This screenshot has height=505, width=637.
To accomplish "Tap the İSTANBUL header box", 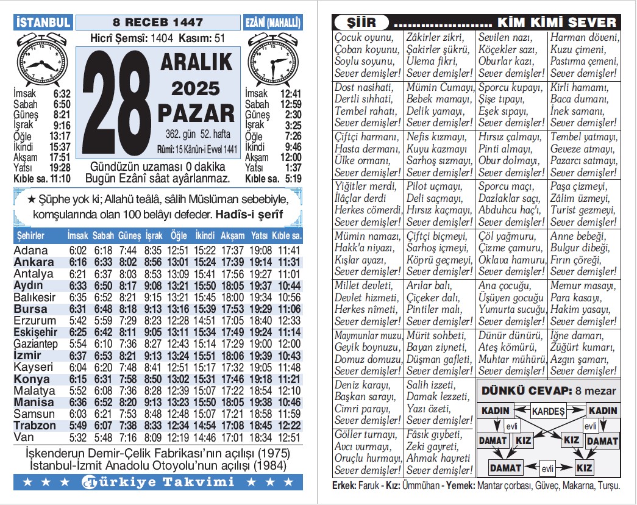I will tap(43, 23).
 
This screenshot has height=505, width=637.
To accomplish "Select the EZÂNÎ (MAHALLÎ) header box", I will tap(273, 23).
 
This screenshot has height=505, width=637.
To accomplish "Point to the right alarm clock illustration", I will tap(273, 61).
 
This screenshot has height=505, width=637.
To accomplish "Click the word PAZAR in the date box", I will tap(196, 113).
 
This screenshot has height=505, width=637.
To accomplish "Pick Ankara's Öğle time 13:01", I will tap(179, 262).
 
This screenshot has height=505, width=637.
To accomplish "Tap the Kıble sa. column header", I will tap(288, 235).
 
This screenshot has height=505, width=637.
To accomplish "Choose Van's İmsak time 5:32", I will tap(77, 437).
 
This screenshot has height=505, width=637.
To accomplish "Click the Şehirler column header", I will tap(31, 235).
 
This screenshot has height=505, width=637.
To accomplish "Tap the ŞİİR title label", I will tap(358, 23).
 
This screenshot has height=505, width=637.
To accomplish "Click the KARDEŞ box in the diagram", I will tap(548, 411).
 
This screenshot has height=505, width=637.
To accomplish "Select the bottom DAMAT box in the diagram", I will tap(505, 468).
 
